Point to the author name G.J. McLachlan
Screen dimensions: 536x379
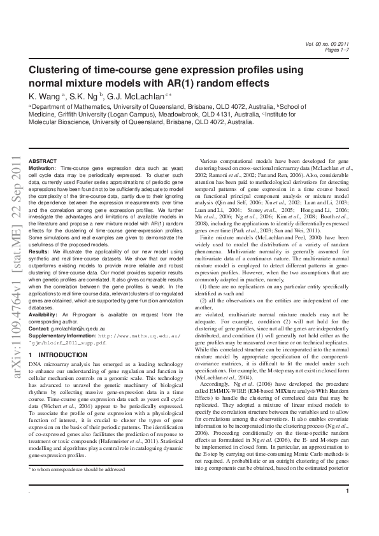click(134, 95)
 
